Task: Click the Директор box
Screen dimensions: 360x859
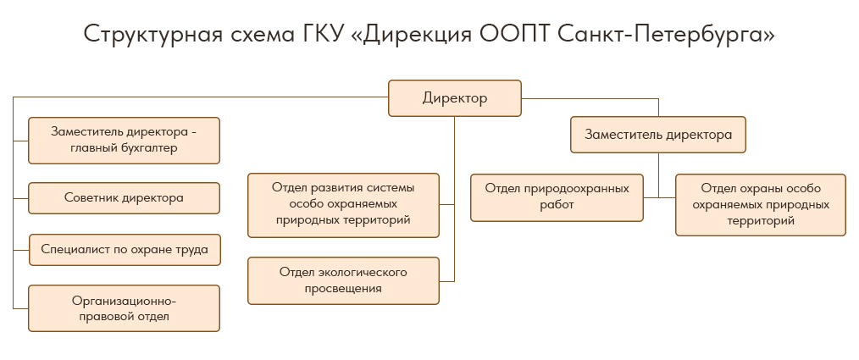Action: coord(455,98)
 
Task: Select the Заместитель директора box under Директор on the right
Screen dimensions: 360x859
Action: coord(658,135)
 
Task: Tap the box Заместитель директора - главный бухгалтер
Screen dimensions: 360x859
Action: coord(124,140)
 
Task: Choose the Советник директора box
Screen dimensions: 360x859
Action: coord(124,198)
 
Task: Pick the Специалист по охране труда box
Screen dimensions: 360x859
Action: coord(124,250)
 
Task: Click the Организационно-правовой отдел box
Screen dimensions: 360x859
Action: coord(124,308)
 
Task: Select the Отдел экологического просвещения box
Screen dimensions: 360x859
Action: coord(343,280)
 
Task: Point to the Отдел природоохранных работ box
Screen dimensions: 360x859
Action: coord(557,197)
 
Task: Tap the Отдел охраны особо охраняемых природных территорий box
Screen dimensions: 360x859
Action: coord(760,204)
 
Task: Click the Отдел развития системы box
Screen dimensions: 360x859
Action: coord(343,204)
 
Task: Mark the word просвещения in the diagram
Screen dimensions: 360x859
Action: coord(343,289)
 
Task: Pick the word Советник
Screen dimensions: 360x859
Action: coord(91,198)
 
